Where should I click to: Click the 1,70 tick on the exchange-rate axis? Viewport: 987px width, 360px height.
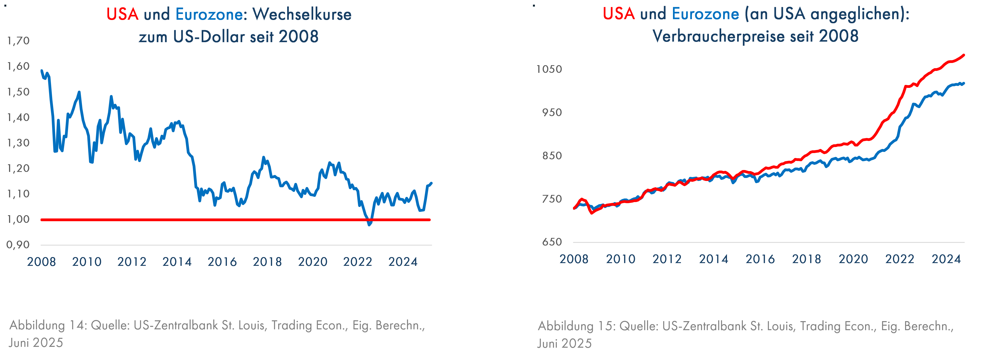[18, 41]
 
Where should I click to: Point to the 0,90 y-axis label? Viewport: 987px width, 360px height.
[18, 245]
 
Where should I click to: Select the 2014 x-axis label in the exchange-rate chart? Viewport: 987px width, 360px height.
[177, 262]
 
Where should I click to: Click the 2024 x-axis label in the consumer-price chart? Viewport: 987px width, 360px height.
[946, 259]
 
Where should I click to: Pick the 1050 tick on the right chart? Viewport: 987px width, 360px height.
[549, 69]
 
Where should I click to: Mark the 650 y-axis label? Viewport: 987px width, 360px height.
[552, 242]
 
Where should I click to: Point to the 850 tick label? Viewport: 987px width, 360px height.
[552, 156]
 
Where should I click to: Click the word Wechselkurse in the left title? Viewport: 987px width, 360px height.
[302, 15]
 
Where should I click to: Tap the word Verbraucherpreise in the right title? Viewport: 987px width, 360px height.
[719, 36]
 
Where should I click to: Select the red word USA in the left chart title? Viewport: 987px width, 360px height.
[122, 15]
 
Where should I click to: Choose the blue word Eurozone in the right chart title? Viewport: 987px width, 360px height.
[705, 14]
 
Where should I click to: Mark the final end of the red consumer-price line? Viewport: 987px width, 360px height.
[964, 55]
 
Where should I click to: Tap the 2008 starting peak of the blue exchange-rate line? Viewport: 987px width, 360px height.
[41, 70]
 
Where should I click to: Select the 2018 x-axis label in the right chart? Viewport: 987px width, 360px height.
[806, 259]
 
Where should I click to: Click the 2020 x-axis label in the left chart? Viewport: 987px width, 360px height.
[313, 262]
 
